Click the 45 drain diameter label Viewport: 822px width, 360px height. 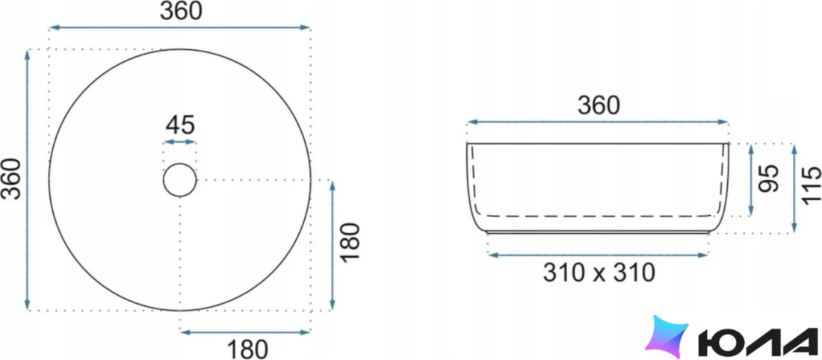pos(180,125)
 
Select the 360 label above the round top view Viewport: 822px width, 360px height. pos(181,11)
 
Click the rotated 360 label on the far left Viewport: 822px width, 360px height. pos(11,179)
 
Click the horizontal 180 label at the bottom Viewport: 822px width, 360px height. pos(247,350)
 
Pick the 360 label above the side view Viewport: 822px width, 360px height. pos(599,106)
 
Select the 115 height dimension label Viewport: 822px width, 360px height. pos(811,187)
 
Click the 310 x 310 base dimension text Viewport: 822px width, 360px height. pos(599,273)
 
